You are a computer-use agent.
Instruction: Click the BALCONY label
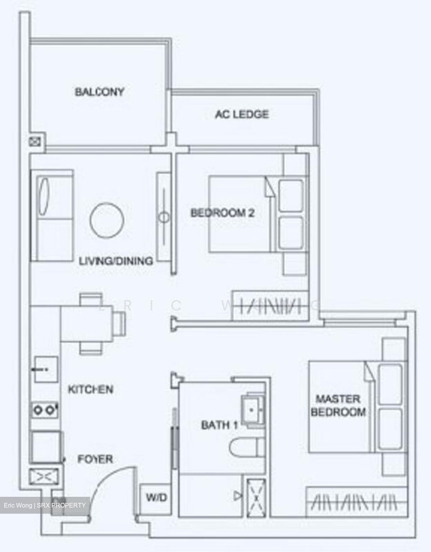tap(99, 92)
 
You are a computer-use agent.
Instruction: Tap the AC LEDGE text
tap(242, 114)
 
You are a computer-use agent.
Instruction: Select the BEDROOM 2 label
tap(223, 213)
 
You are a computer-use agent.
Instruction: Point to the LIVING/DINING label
tap(116, 261)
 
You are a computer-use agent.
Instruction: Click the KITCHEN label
tap(91, 390)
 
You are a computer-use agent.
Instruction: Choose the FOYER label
tap(95, 459)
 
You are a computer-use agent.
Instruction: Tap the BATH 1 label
tap(220, 425)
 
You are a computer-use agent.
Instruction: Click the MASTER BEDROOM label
tap(338, 406)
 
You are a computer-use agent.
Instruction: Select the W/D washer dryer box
tap(156, 498)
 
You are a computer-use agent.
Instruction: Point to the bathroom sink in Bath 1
tap(252, 410)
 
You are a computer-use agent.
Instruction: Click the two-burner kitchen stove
tap(45, 410)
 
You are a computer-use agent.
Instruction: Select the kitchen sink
tap(46, 370)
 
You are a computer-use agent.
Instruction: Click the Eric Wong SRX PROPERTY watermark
tap(45, 505)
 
